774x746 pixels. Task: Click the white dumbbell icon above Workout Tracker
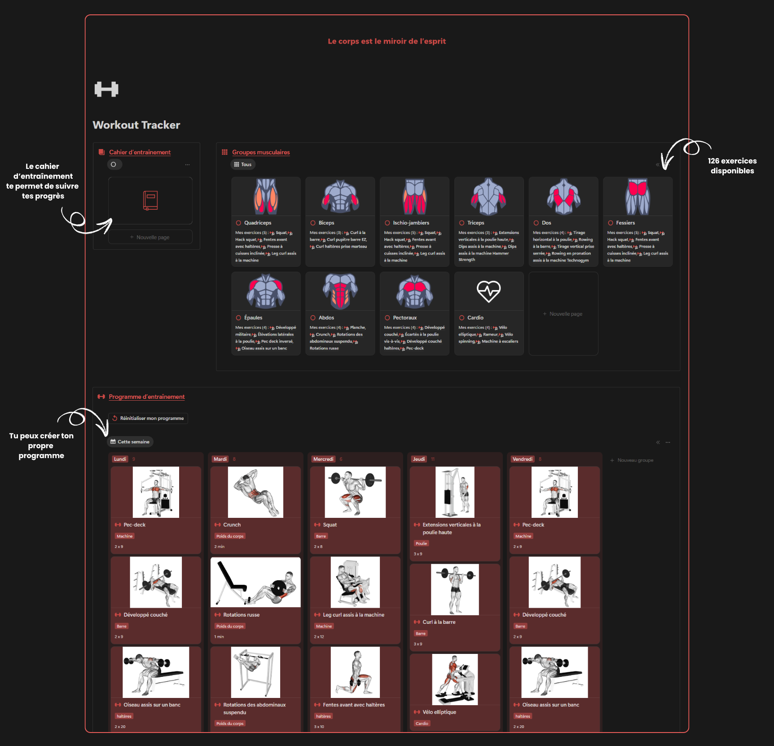(x=106, y=89)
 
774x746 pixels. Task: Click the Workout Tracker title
(x=136, y=125)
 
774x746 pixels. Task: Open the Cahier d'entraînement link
(x=140, y=152)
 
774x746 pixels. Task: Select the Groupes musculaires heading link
(x=261, y=152)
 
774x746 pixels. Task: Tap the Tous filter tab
(x=243, y=164)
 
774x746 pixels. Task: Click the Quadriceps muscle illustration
(x=266, y=196)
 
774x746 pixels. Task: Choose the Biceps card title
(x=326, y=223)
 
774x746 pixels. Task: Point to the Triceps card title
(x=475, y=223)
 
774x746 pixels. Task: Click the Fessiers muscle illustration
(x=638, y=196)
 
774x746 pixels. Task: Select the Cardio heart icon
(x=488, y=291)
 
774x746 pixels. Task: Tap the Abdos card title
(x=326, y=318)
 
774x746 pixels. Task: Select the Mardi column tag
(x=220, y=459)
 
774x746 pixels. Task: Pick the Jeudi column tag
(x=418, y=459)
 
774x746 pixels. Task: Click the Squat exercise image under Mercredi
(x=355, y=492)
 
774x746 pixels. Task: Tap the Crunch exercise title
(x=232, y=525)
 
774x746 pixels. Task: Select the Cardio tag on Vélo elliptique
(x=422, y=724)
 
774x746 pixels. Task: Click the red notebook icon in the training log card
(x=150, y=200)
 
